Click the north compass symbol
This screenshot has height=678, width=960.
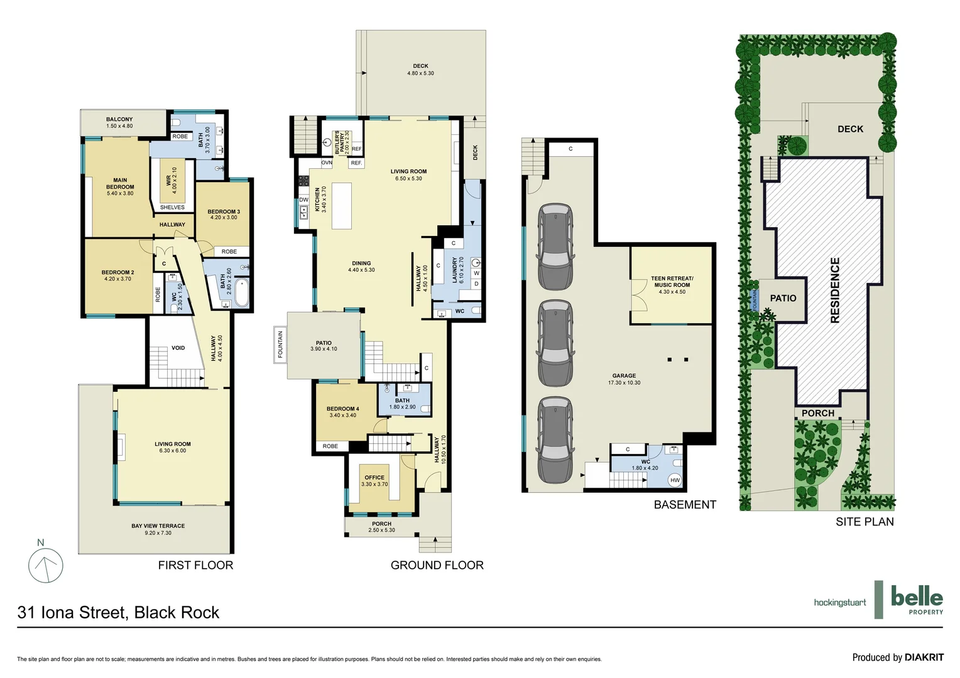(x=46, y=565)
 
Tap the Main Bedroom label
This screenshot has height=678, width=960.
(x=120, y=186)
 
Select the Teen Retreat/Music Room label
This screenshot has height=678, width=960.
(x=672, y=284)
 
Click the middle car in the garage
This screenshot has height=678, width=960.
(x=555, y=343)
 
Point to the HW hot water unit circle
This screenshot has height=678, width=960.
(x=675, y=480)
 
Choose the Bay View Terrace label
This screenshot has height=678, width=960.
(x=158, y=529)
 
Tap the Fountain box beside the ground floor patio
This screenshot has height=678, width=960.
(x=280, y=344)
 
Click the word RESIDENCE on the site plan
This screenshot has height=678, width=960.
(x=835, y=290)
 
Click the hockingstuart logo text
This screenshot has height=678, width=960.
(x=839, y=603)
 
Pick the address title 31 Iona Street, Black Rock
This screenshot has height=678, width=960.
(x=119, y=612)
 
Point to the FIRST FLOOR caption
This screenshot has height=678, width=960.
(x=195, y=565)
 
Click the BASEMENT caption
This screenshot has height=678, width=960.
(x=685, y=505)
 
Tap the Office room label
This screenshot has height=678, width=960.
(x=374, y=480)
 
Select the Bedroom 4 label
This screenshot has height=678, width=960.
(x=342, y=411)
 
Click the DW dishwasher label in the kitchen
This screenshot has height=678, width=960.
(x=303, y=200)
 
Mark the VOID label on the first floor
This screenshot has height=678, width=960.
(x=178, y=348)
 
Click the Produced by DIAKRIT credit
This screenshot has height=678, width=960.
(x=897, y=657)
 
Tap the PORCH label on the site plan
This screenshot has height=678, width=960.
(x=817, y=413)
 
